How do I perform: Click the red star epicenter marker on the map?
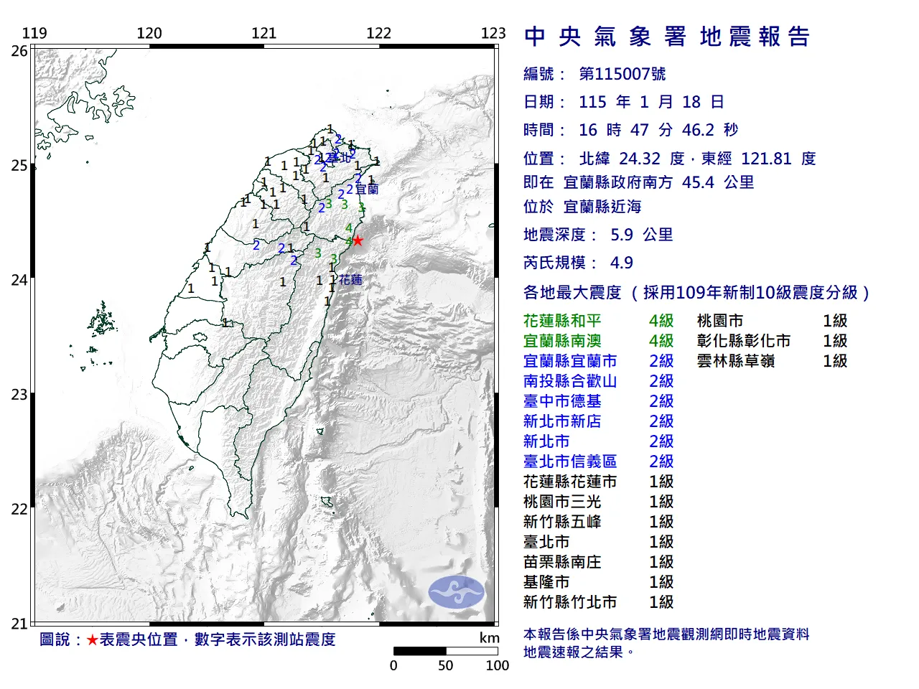357,240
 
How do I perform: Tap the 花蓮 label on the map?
351,279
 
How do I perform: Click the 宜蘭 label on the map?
367,189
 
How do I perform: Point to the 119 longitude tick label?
34,33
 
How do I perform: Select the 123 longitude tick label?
493,33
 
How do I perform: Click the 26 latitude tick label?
19,51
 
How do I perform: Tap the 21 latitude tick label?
19,624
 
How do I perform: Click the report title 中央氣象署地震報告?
667,37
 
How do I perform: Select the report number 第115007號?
622,74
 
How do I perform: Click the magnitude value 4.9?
622,263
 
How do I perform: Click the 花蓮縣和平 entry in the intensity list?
562,321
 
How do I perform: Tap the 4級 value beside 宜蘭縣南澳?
661,341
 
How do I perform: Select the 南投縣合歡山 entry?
570,381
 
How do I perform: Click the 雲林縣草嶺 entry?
736,361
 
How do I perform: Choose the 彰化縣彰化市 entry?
744,341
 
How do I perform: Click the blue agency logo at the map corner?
456,592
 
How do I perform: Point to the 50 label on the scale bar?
446,665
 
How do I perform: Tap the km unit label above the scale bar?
489,638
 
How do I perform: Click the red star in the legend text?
92,639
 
